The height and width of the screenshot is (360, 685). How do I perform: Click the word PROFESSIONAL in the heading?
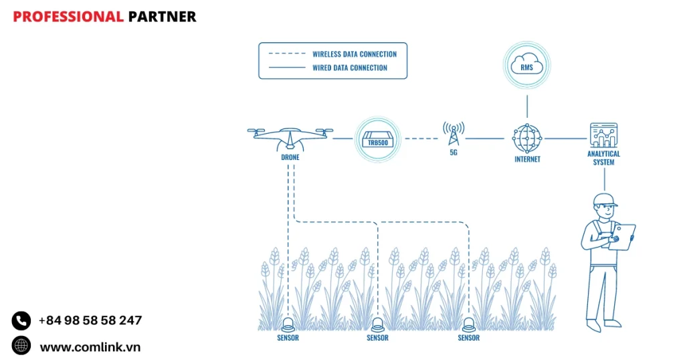coord(68,17)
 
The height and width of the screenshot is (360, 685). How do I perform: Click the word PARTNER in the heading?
coord(162,17)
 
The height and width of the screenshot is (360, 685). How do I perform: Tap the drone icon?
coord(290,137)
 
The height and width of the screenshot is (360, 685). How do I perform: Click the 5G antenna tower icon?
coord(453,134)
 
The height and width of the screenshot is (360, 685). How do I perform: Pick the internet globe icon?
coord(527,139)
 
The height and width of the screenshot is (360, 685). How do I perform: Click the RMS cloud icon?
coord(527,65)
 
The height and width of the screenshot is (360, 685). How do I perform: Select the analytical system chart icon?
coord(603,135)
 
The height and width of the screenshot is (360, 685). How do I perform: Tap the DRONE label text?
coord(290,157)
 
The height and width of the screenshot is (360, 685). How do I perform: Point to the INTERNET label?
coord(527,159)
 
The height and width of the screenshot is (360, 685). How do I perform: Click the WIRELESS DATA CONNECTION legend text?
coord(354,54)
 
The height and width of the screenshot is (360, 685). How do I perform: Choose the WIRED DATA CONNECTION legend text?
coord(349,68)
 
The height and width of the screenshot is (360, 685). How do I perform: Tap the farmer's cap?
coord(604,199)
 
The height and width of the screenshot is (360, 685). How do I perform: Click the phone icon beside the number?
coord(21,321)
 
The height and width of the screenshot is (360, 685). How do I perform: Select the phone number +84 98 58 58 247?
coord(90,321)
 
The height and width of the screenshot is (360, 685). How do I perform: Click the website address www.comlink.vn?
coord(90,347)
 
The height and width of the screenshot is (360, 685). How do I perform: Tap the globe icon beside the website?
coord(21,345)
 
